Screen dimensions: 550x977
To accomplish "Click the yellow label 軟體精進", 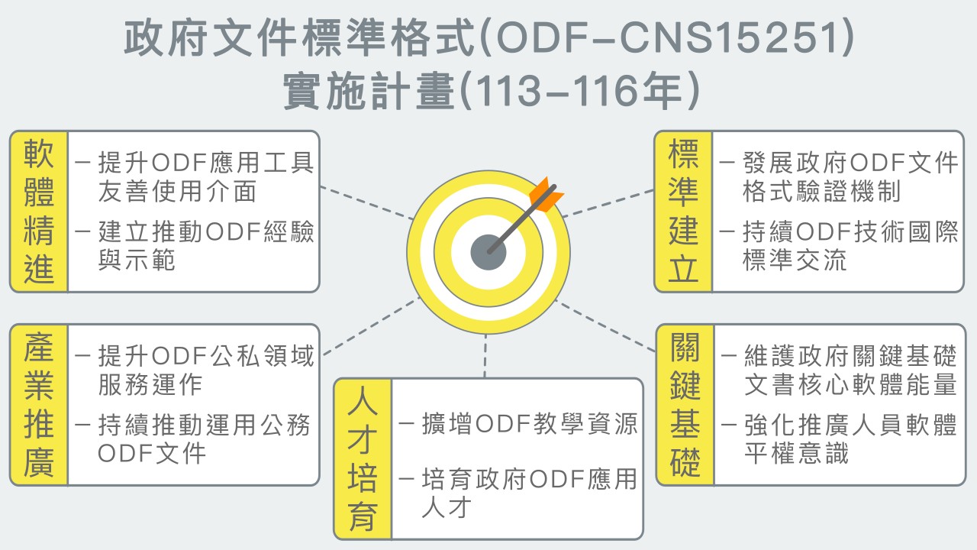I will coord(39,212).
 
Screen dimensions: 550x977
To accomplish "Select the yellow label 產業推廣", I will coord(39,405).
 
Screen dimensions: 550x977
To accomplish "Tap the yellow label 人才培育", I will coord(363,459).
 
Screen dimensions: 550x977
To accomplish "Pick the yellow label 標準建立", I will coord(683,212).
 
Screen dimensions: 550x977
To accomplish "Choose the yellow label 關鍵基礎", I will coord(685,405).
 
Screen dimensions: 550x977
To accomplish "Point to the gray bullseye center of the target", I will coord(488,251).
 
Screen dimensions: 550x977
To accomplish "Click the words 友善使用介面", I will coord(177,191).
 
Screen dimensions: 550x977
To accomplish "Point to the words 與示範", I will coord(137,260).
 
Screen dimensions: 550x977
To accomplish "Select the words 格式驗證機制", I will coord(821,191).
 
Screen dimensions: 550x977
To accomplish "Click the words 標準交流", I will coord(795,260).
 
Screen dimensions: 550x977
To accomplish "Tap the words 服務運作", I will coord(150,384).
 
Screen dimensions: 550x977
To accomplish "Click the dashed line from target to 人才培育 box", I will coord(485,355).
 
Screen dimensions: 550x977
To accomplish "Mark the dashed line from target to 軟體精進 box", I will coord(364,202).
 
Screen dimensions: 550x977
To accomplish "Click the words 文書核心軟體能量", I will coord(850,384).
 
